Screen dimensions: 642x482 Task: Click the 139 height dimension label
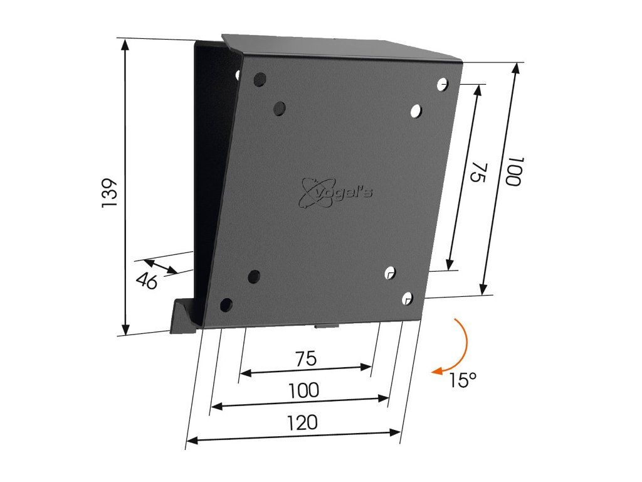(110, 192)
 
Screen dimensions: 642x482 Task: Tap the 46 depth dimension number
(147, 281)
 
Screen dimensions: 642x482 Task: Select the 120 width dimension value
(302, 422)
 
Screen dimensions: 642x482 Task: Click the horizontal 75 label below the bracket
(306, 358)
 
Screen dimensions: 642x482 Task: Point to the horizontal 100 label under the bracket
(304, 390)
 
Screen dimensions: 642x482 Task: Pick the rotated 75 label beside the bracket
(479, 173)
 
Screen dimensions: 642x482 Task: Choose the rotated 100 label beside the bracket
(515, 171)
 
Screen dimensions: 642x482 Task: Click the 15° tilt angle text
(463, 380)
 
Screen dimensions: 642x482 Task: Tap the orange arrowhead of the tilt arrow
(437, 371)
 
